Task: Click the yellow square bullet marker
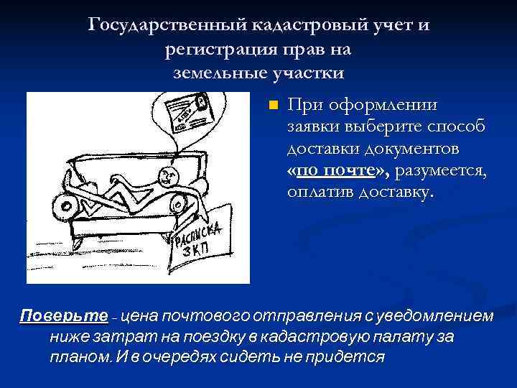[272, 106]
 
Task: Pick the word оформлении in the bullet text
[382, 105]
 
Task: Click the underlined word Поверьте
[64, 316]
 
